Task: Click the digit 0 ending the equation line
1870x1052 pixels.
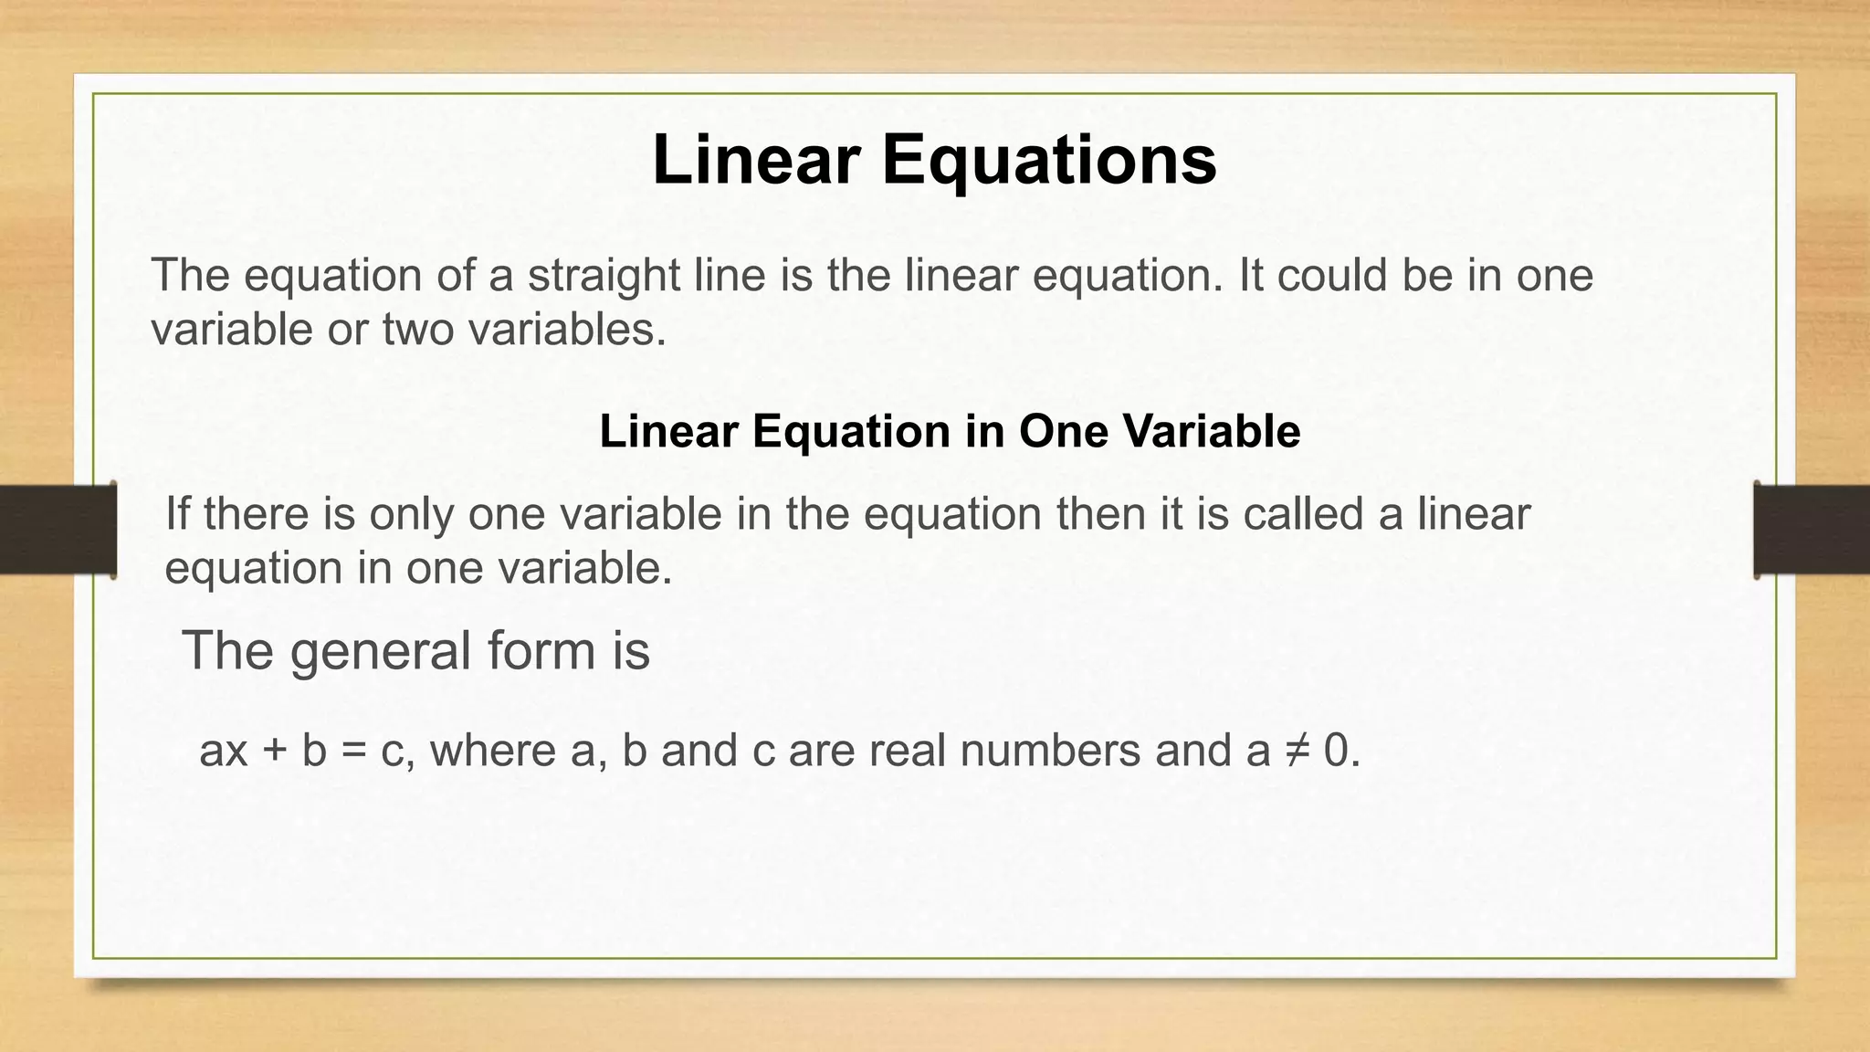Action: click(x=1337, y=752)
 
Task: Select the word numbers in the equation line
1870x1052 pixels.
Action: click(x=1050, y=751)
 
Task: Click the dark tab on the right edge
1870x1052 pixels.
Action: click(x=1812, y=530)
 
